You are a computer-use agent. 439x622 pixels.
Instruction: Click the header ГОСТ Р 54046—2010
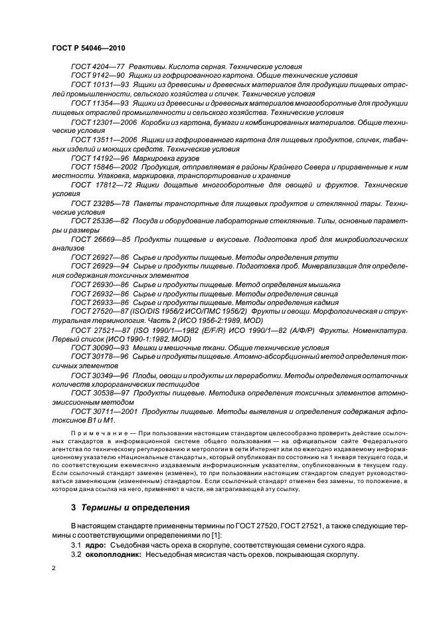click(88, 49)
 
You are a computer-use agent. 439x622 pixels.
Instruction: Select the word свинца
click(321, 293)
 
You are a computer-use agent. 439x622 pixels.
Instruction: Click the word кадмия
click(321, 302)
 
